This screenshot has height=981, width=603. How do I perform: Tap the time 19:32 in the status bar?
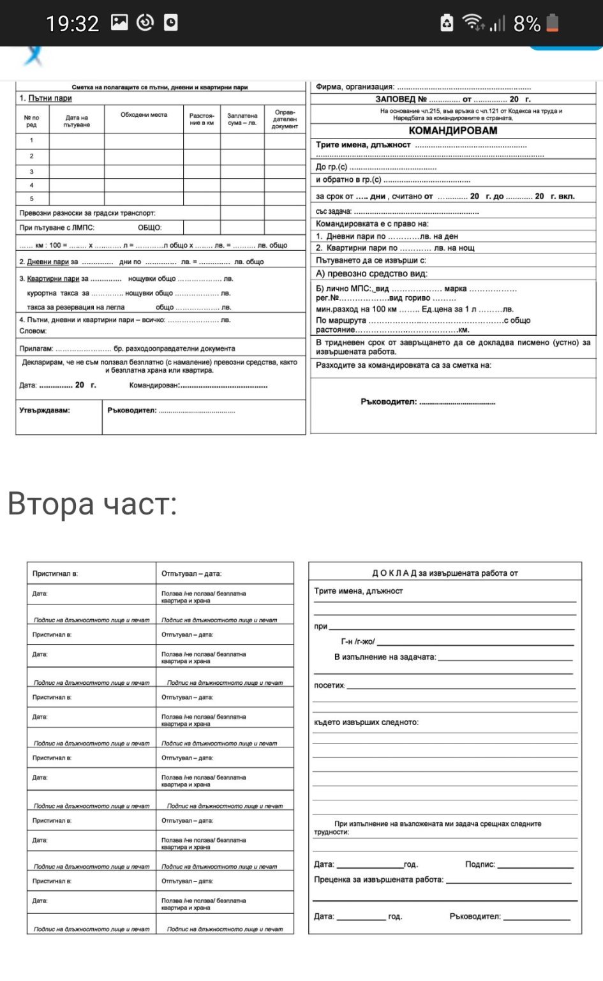click(x=72, y=24)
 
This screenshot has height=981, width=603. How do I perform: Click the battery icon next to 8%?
click(x=553, y=24)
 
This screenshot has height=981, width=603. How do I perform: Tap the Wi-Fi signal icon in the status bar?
click(x=473, y=22)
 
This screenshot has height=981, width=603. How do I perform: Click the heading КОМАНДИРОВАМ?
click(x=452, y=130)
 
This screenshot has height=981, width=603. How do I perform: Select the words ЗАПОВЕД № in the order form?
click(x=401, y=99)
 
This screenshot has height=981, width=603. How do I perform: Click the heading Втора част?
click(x=92, y=504)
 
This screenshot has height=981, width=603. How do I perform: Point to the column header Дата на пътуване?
click(x=77, y=121)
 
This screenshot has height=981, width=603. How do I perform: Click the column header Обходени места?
click(x=144, y=115)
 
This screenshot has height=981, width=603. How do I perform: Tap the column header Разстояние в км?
click(x=202, y=119)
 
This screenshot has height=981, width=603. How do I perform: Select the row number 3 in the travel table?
click(x=32, y=172)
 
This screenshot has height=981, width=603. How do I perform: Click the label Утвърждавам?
click(x=45, y=410)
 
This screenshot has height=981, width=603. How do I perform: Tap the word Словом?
click(x=33, y=331)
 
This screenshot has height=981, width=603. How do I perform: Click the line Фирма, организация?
click(x=355, y=87)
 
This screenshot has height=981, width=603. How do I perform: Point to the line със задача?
click(x=334, y=211)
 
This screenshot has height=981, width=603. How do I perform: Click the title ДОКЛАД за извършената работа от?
click(x=445, y=573)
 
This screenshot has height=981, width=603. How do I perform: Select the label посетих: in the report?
click(x=329, y=685)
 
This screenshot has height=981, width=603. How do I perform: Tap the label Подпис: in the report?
click(x=480, y=864)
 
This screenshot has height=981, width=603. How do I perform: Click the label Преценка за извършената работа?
click(x=378, y=880)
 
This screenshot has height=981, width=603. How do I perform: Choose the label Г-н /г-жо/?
click(x=358, y=641)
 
